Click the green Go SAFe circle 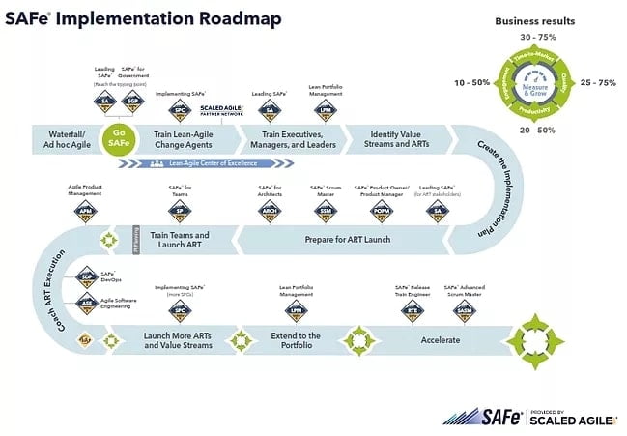(x=118, y=139)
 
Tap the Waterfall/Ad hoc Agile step (x=63, y=139)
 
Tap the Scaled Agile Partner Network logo (x=222, y=108)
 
